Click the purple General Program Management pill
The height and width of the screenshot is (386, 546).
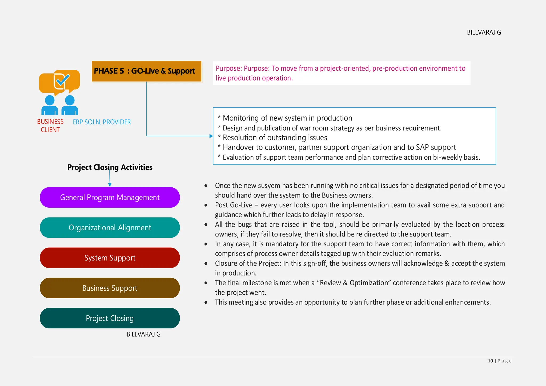pyautogui.click(x=110, y=198)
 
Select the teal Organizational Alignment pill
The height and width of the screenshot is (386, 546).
pyautogui.click(x=110, y=228)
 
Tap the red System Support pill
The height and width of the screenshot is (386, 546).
pyautogui.click(x=110, y=258)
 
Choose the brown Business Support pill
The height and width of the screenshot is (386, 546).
pyautogui.click(x=110, y=288)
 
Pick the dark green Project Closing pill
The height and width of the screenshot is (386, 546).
pyautogui.click(x=110, y=318)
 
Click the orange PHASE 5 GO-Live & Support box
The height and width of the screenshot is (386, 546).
pyautogui.click(x=146, y=71)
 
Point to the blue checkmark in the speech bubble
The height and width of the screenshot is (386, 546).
pyautogui.click(x=63, y=79)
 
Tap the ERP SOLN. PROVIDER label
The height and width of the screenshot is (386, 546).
pyautogui.click(x=102, y=122)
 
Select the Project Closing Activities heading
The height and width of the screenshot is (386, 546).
pyautogui.click(x=110, y=167)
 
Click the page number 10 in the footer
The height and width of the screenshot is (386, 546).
pyautogui.click(x=490, y=361)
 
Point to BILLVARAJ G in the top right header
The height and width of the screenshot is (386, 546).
pyautogui.click(x=484, y=33)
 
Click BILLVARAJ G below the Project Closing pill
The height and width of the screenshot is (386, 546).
pyautogui.click(x=143, y=334)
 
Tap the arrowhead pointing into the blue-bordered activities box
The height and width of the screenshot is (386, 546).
pyautogui.click(x=211, y=136)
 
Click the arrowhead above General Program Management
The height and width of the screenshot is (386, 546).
pyautogui.click(x=110, y=184)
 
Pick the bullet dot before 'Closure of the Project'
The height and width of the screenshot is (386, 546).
pyautogui.click(x=206, y=264)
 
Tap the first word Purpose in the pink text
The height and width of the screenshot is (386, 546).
pyautogui.click(x=229, y=69)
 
